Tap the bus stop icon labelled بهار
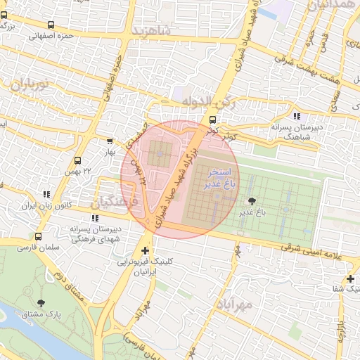click(109, 141)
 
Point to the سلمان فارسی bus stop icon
click(37, 237)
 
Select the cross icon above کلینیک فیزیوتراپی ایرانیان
click(145, 250)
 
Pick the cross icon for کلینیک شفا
click(349, 279)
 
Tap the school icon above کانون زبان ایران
click(46, 194)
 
